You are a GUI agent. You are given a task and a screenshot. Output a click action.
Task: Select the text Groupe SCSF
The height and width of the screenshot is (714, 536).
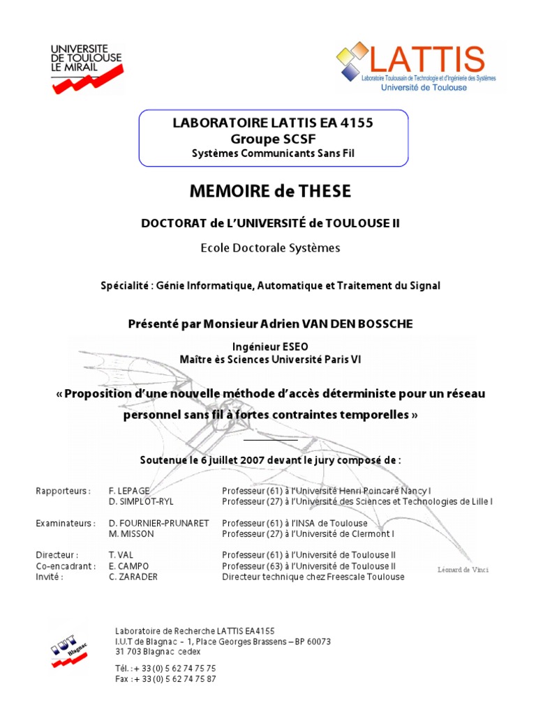(273, 138)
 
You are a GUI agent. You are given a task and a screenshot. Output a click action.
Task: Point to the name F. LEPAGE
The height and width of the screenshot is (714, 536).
(129, 491)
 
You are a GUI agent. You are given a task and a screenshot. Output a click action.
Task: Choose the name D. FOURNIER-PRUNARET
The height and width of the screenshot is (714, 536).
(159, 523)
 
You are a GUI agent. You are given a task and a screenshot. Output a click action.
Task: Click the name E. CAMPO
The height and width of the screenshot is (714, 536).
(128, 566)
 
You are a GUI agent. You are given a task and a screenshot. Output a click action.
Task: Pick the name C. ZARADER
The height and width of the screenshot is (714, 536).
(133, 577)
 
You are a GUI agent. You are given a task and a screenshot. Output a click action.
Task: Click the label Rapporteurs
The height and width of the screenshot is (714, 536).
(63, 491)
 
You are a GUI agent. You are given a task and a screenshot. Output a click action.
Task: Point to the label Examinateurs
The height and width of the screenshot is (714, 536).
(65, 523)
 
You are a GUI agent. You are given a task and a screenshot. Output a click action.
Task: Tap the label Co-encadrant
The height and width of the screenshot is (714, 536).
(66, 566)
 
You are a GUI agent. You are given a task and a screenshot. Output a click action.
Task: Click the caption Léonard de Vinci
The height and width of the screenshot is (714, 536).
(463, 570)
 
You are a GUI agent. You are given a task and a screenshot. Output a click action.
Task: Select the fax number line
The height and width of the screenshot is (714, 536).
(165, 678)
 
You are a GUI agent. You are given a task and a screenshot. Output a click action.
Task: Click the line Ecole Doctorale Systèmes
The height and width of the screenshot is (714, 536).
(271, 248)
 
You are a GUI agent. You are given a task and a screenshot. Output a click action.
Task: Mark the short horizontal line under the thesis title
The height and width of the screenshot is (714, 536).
(271, 440)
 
